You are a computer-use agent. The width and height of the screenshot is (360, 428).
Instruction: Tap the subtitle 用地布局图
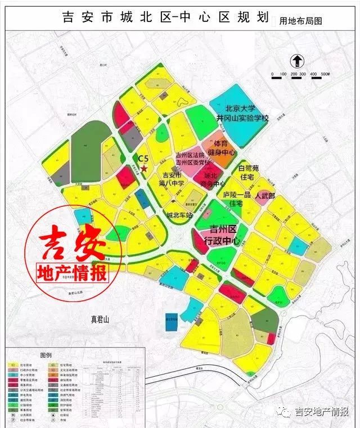click(301, 21)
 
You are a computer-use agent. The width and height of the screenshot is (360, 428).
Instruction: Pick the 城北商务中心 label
click(214, 179)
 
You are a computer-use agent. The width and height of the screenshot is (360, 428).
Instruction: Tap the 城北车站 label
click(180, 215)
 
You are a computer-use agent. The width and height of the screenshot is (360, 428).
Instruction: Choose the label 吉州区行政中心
click(222, 236)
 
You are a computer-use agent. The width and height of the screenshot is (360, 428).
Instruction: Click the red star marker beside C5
click(145, 168)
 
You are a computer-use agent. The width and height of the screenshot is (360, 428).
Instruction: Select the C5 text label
click(143, 159)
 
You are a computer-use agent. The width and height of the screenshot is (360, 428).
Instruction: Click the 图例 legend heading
click(46, 355)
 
